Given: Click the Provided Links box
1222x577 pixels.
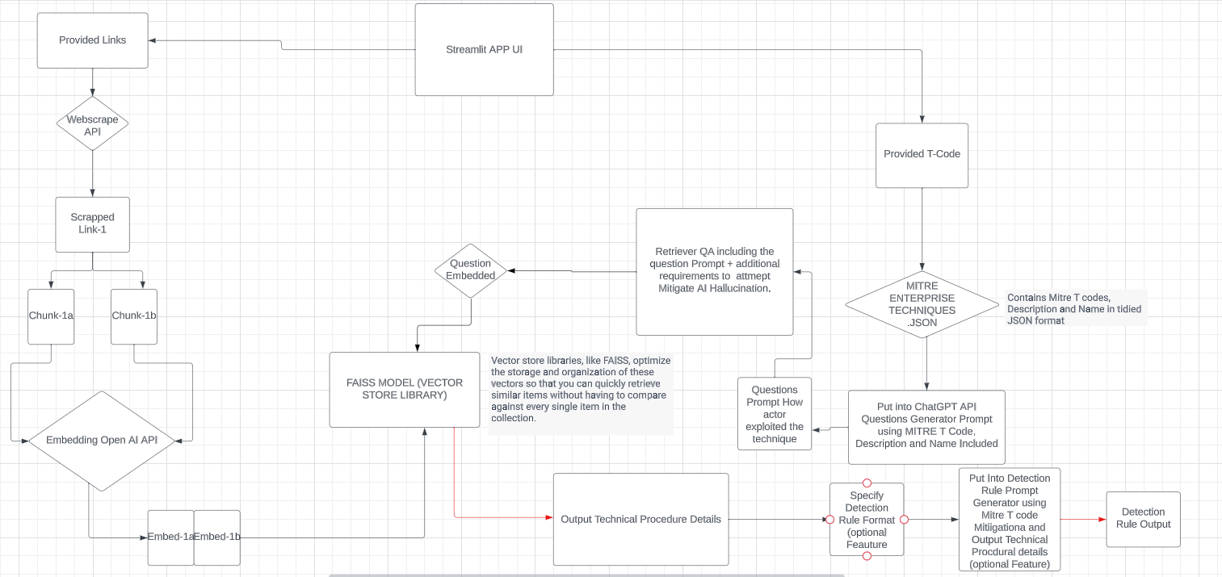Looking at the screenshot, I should (93, 40).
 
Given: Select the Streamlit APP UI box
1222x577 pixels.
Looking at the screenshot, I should (484, 50).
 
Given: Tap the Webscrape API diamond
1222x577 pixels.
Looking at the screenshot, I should (92, 124).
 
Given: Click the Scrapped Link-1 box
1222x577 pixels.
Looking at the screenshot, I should (92, 224).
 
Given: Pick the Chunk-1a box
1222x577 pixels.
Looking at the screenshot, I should (51, 316).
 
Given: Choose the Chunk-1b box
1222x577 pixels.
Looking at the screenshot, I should (134, 316).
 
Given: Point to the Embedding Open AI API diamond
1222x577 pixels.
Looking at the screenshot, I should (102, 440).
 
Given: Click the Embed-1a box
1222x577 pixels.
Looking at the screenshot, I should (170, 537).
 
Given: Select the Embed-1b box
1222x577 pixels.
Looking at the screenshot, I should (217, 537).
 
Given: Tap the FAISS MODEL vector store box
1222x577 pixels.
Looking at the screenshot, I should (404, 389).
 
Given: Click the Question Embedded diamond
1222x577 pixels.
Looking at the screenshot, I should (471, 270).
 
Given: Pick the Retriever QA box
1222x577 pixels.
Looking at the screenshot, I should (714, 271).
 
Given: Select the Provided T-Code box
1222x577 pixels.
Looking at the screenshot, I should (922, 155).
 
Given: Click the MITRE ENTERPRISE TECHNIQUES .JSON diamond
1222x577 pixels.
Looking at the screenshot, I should (922, 304).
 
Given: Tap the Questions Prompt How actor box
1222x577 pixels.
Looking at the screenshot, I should (775, 414).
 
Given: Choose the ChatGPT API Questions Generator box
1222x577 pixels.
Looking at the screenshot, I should (926, 426).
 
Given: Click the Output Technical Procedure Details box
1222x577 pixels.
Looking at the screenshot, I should (640, 519).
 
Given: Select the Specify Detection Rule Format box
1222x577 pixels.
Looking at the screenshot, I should (867, 520).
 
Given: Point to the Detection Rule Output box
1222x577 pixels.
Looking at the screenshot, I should (1143, 519).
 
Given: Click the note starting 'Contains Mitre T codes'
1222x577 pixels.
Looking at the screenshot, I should (1074, 309).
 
